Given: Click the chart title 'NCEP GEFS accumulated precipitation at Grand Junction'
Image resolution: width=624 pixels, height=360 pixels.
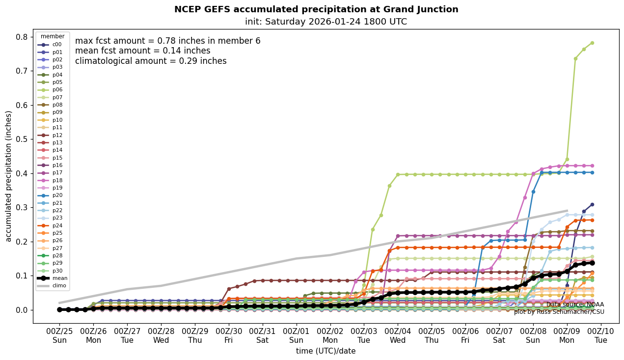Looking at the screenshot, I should tap(316, 9).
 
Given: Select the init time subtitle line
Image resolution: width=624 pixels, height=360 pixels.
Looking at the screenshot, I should tap(326, 22).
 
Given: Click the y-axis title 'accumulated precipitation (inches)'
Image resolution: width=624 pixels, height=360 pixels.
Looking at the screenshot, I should tap(8, 176).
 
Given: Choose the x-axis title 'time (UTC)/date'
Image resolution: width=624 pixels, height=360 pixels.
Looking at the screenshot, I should tap(326, 351).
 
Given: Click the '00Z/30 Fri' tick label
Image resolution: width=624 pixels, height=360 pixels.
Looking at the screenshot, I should tap(229, 335).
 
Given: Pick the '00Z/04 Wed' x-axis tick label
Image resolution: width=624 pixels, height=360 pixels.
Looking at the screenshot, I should tap(398, 335).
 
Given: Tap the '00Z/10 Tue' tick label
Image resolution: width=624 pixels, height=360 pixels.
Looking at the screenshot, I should tap(601, 335).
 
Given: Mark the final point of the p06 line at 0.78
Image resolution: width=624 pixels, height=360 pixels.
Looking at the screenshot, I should tap(592, 43).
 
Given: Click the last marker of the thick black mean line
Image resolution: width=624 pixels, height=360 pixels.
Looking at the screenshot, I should tap(592, 263).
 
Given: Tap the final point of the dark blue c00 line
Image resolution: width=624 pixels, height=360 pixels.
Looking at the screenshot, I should tap(592, 204).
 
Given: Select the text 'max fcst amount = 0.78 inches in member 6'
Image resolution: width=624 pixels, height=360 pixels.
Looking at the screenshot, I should tap(167, 41).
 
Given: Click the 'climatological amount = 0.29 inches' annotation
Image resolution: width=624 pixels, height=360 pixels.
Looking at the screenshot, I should tap(151, 61).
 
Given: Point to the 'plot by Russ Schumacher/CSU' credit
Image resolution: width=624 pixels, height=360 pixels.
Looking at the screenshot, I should tap(559, 312).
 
